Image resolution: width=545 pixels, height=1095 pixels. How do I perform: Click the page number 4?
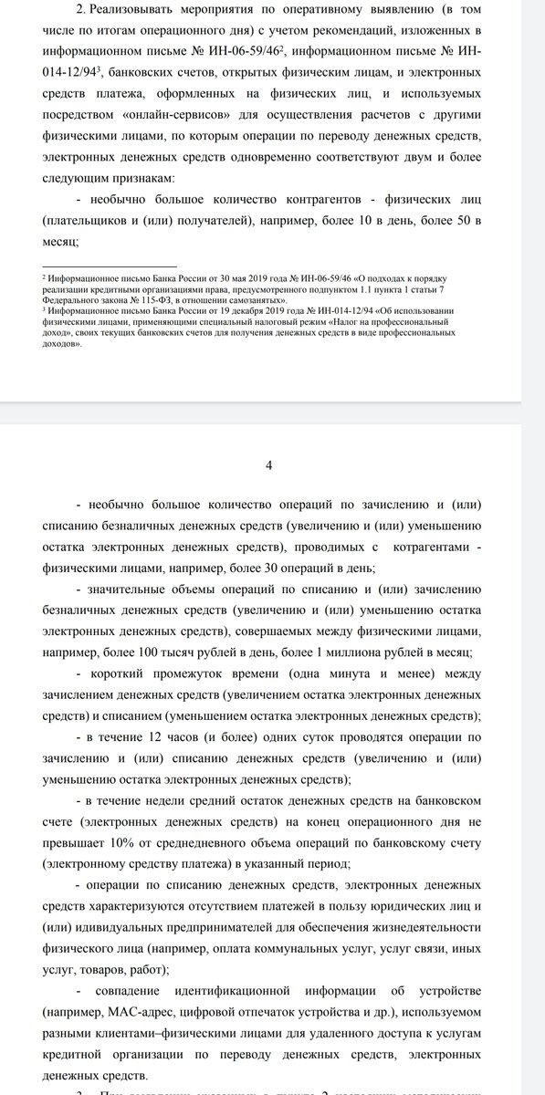(x=268, y=464)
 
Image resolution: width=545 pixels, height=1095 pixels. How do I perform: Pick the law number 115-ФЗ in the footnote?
(x=127, y=299)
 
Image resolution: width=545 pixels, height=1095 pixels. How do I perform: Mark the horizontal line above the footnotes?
(x=110, y=261)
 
